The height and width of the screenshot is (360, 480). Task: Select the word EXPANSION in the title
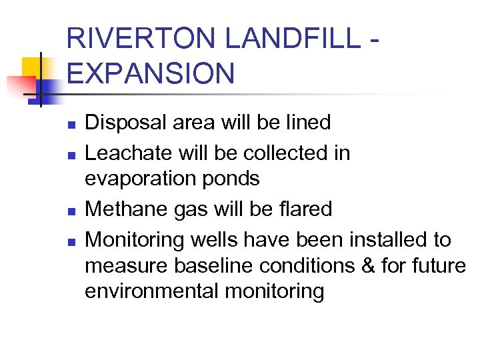151,73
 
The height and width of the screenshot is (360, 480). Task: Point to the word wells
216,239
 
